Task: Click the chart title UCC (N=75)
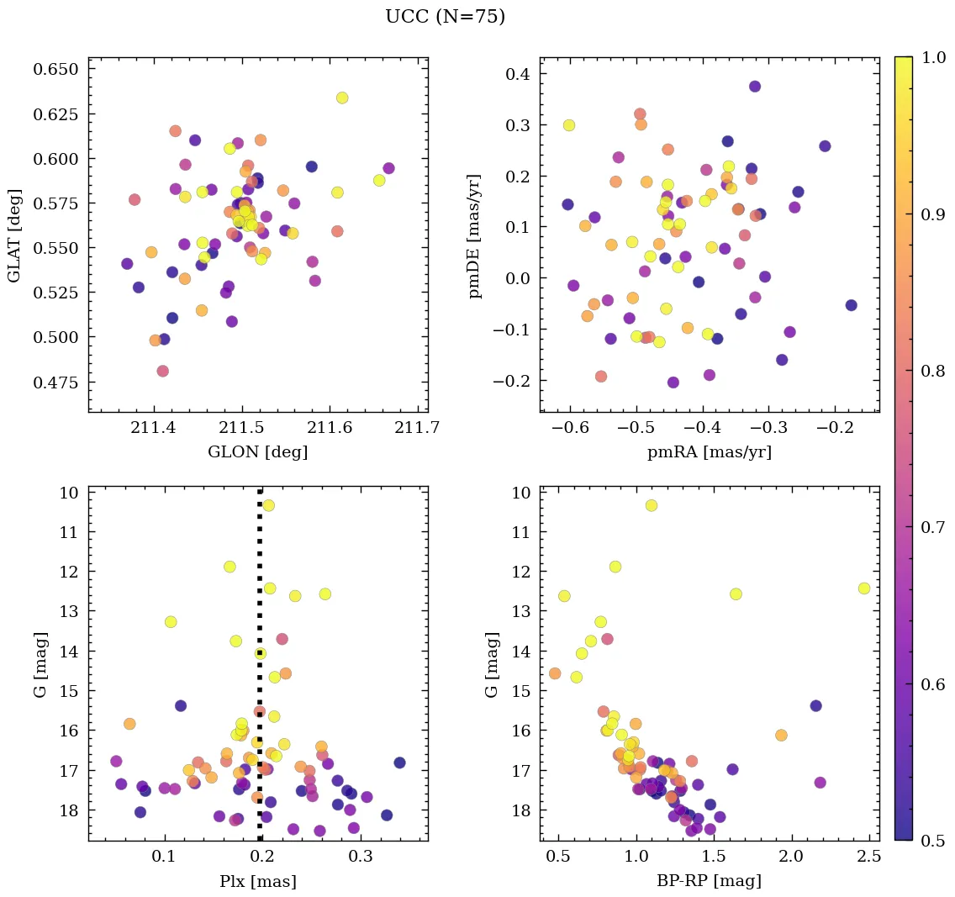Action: (x=445, y=17)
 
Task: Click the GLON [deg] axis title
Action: (x=258, y=452)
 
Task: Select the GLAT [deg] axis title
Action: (x=14, y=235)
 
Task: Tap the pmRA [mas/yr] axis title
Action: (x=710, y=452)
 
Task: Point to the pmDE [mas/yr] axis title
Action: (x=476, y=235)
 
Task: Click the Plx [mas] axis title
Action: (x=258, y=881)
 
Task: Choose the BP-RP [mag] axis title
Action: (x=710, y=881)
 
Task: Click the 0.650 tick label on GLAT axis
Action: (x=55, y=69)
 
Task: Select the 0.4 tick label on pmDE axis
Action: (x=517, y=75)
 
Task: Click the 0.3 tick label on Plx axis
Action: (x=361, y=857)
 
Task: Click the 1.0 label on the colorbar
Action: (x=930, y=57)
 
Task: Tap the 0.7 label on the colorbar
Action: (x=930, y=527)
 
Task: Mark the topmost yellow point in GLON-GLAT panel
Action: (x=342, y=98)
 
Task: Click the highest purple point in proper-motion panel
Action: (x=755, y=87)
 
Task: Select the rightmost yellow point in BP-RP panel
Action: (x=864, y=588)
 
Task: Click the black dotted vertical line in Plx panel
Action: (x=260, y=588)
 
